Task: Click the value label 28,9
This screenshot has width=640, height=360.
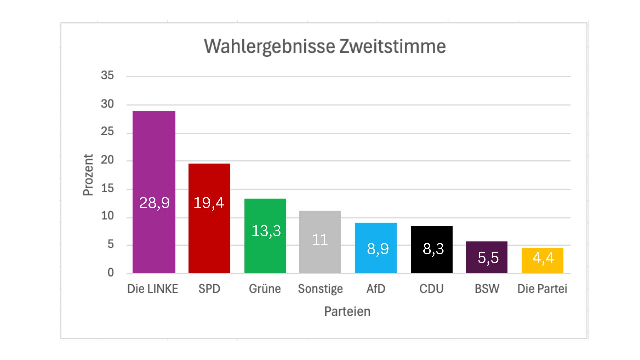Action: tap(154, 203)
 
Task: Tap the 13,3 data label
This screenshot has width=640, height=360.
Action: tap(266, 231)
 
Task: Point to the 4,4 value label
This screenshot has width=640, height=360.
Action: tap(543, 258)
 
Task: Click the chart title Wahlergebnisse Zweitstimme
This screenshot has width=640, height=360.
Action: tap(325, 46)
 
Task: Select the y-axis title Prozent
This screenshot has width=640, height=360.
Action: tap(88, 175)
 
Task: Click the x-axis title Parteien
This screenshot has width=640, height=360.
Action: tap(347, 311)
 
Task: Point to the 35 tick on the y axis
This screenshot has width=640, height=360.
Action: tap(107, 75)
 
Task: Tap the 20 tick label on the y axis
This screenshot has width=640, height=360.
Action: tap(107, 160)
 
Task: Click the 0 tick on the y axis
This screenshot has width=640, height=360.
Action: tap(111, 273)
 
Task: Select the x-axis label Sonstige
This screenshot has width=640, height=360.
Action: tap(320, 289)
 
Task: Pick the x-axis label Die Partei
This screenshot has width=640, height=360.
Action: tap(542, 289)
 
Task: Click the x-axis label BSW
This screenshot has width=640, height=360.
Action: tap(487, 289)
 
